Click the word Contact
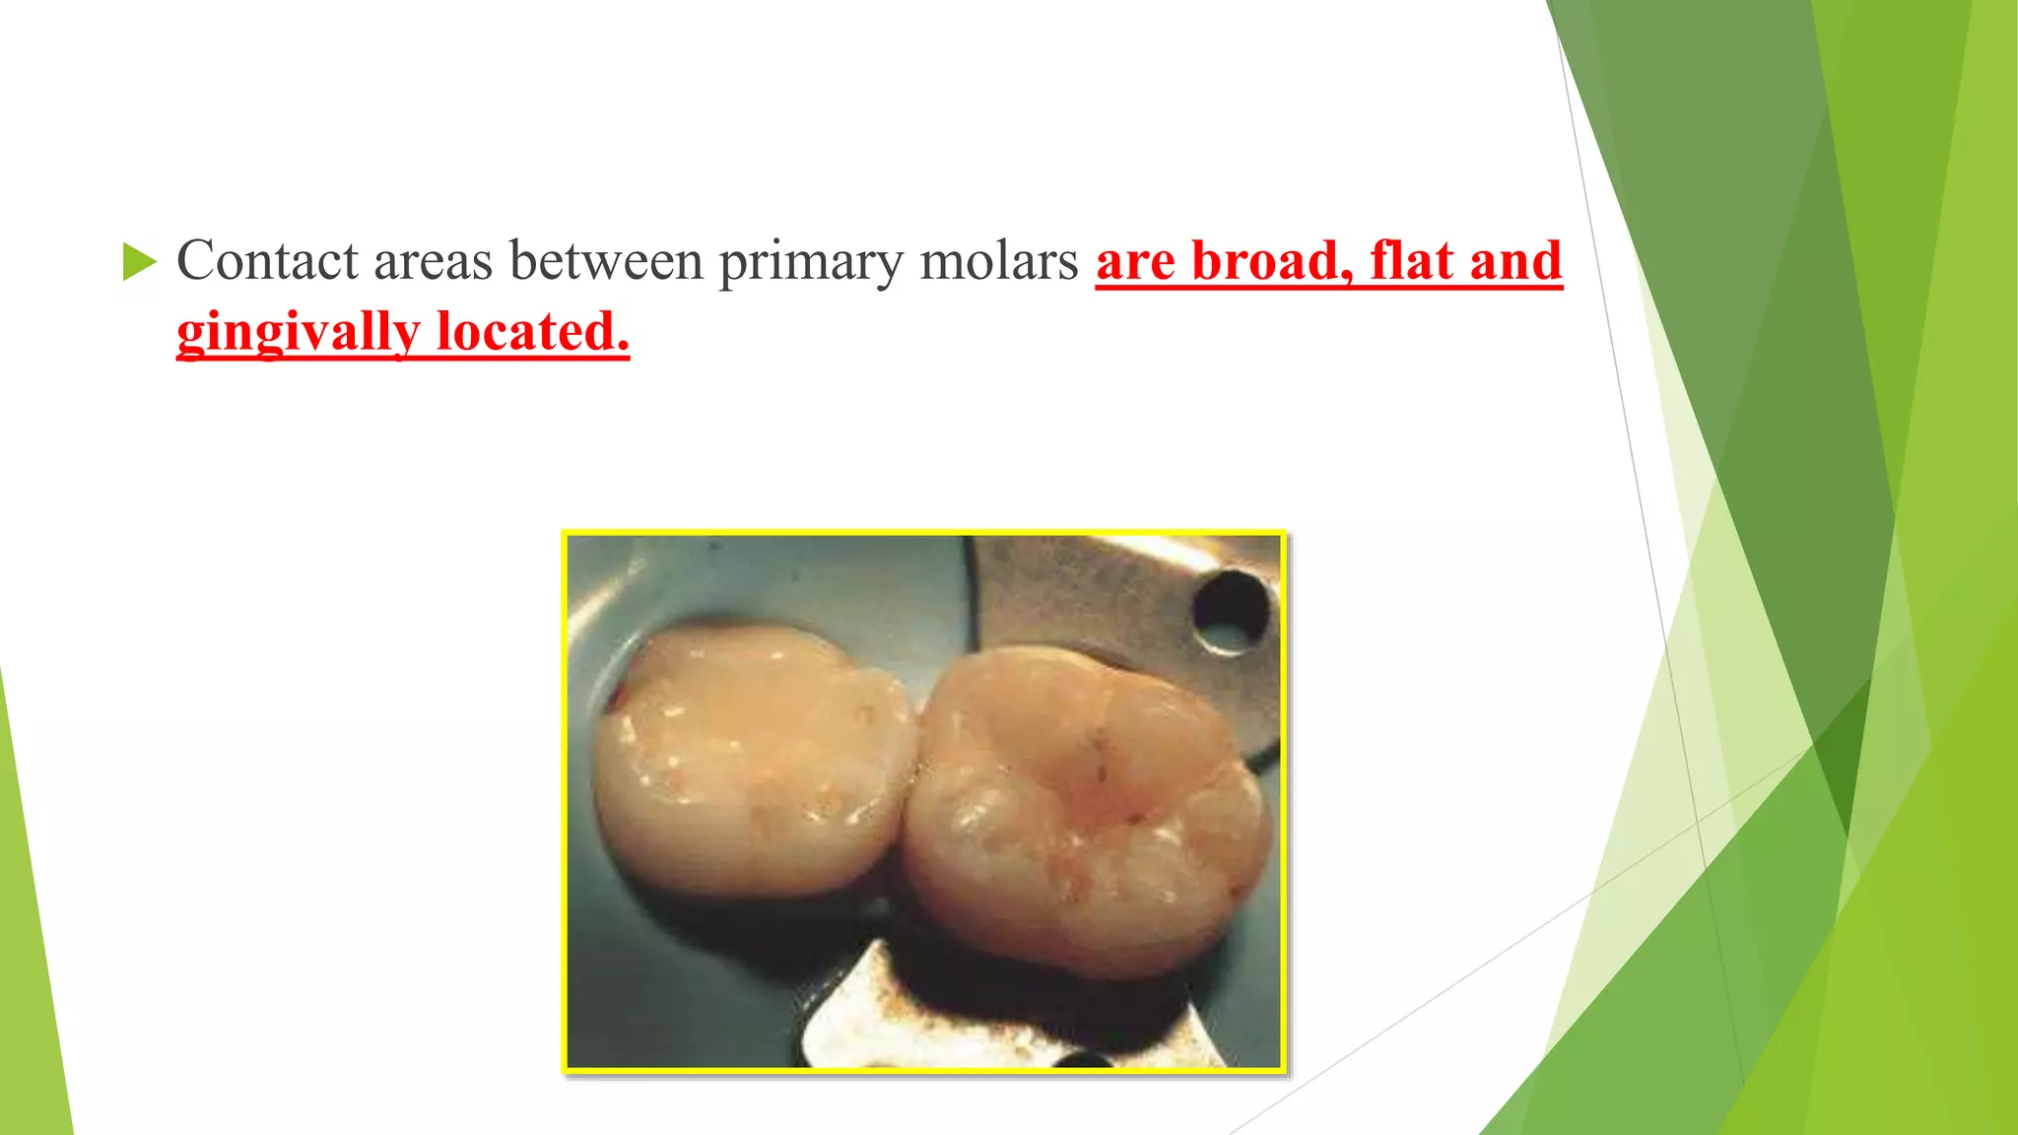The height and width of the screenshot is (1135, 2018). [267, 262]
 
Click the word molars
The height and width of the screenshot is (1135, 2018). [999, 262]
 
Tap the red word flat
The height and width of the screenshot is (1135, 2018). [1412, 262]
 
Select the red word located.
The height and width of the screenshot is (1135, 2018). [533, 331]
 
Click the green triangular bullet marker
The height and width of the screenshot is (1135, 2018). [139, 263]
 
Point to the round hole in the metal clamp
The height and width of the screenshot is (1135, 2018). [1229, 611]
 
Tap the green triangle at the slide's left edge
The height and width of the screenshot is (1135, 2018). [30, 936]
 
